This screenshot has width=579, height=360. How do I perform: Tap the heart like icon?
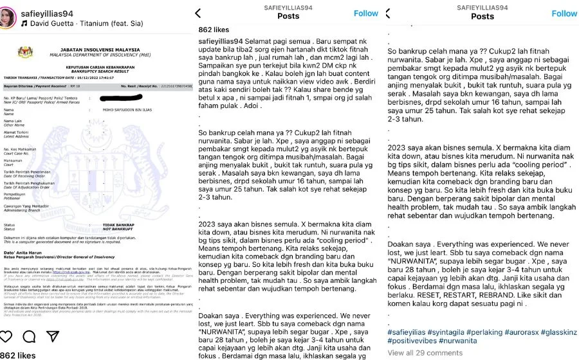[x=6, y=336]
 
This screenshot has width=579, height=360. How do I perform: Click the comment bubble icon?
[x=27, y=336]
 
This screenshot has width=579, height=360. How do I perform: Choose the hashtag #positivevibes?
[x=415, y=341]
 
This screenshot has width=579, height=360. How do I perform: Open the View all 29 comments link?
[x=425, y=353]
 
